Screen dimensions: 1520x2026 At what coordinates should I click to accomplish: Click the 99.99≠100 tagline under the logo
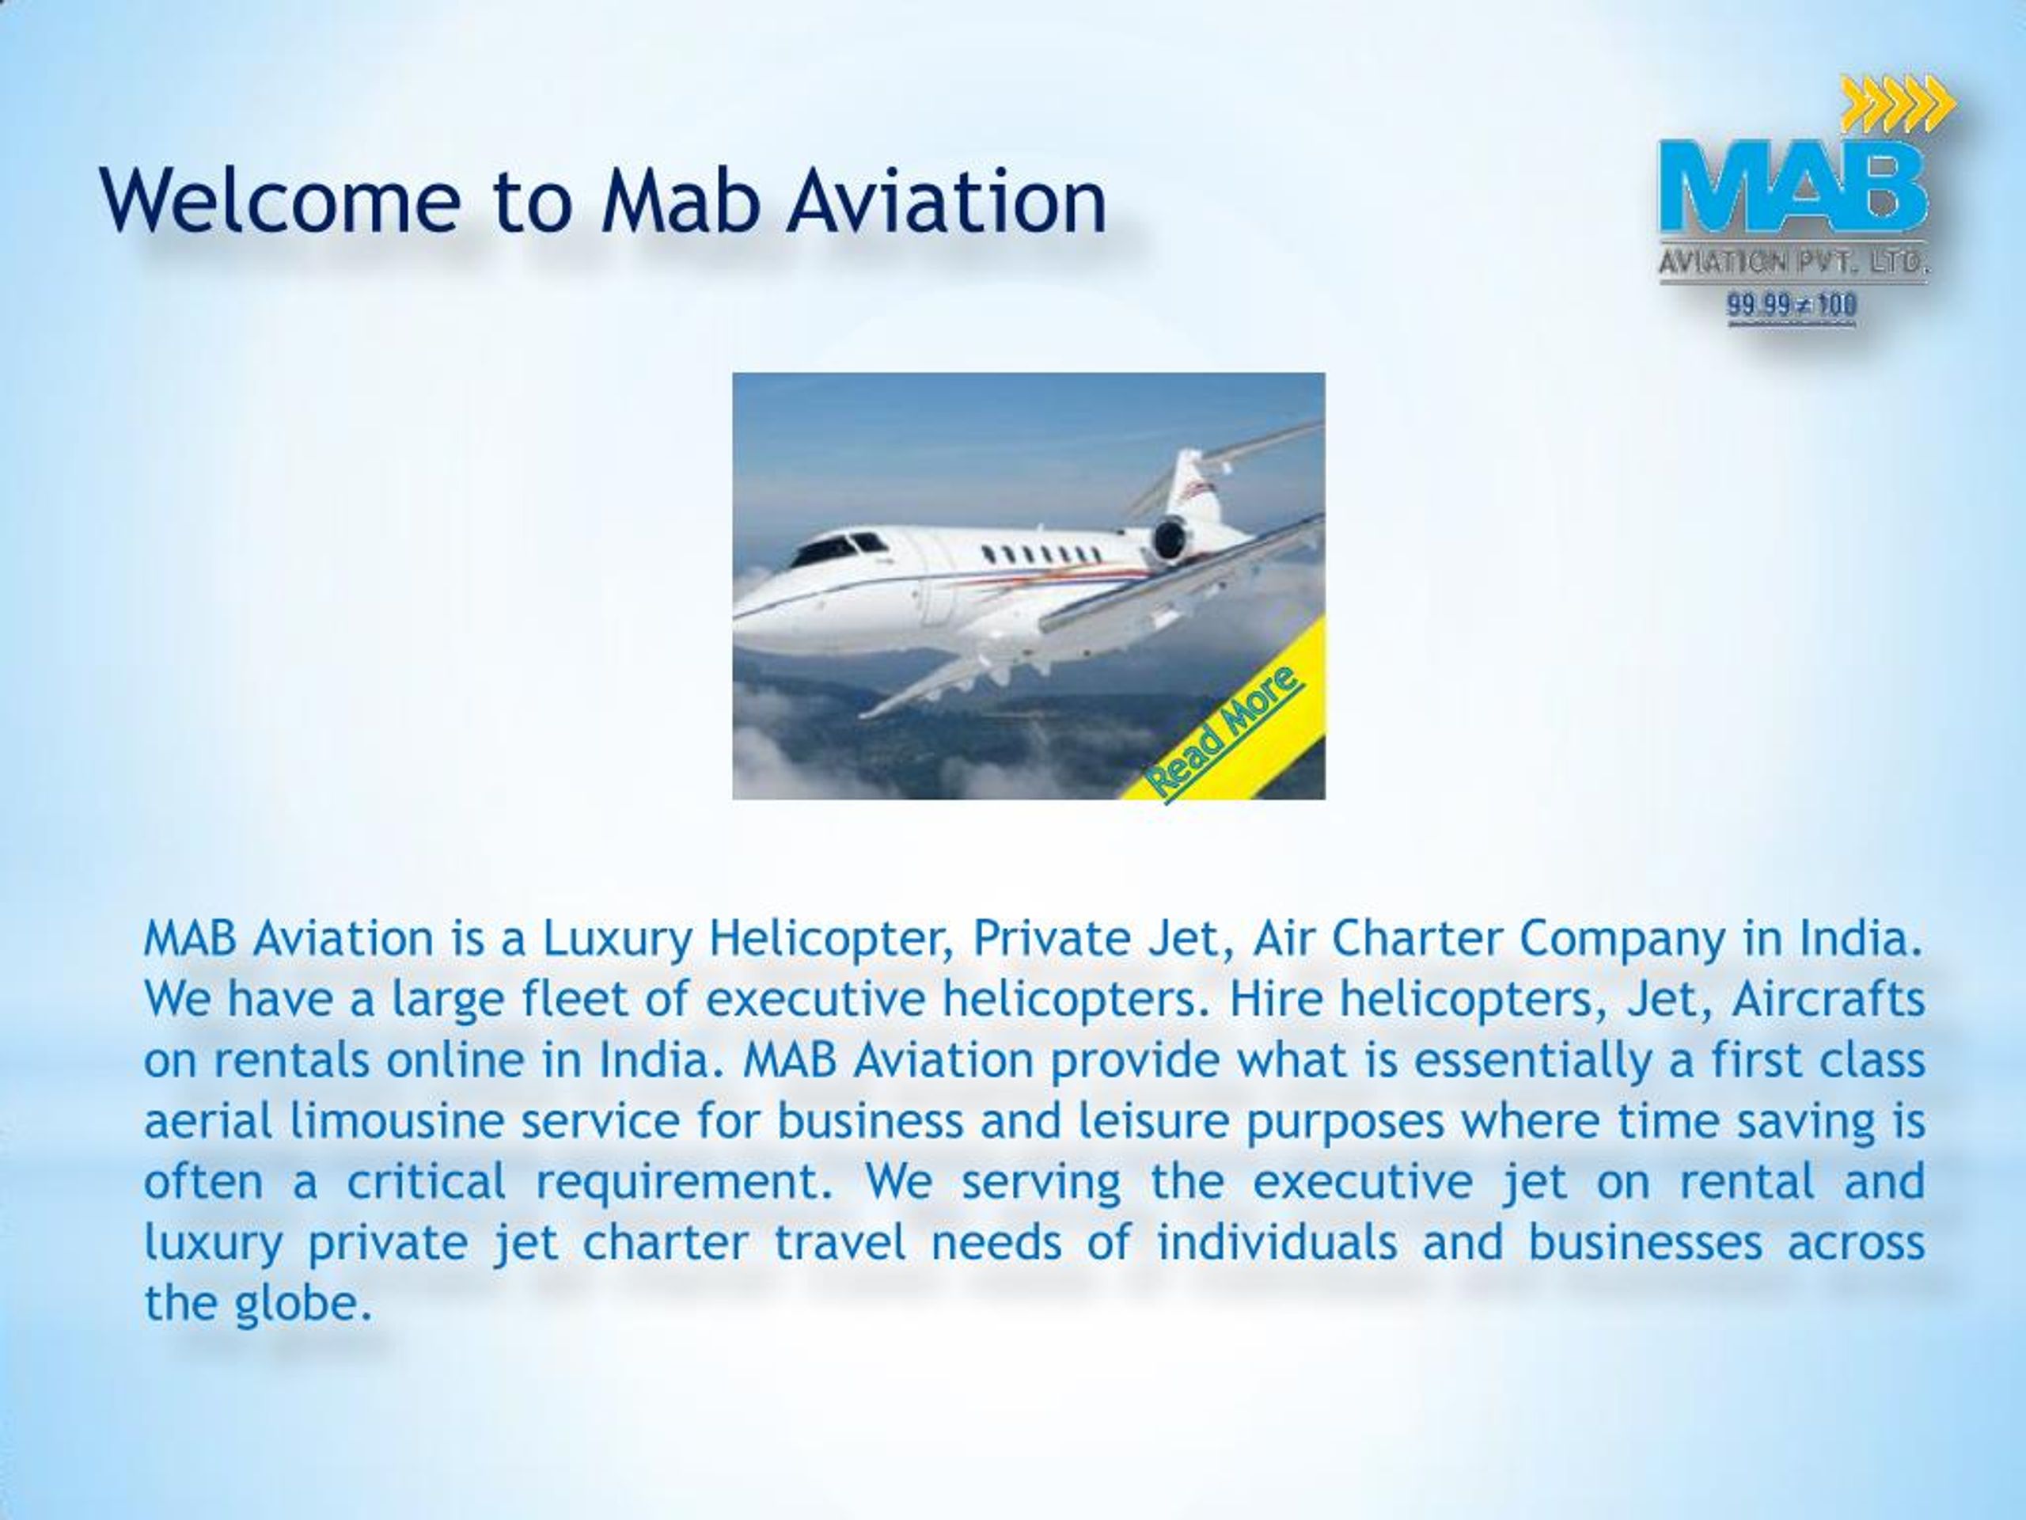[1792, 304]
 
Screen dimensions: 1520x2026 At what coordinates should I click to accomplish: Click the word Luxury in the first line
[617, 938]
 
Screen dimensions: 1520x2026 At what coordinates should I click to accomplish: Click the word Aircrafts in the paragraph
[1827, 998]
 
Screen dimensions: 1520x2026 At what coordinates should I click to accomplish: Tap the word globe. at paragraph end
[304, 1303]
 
